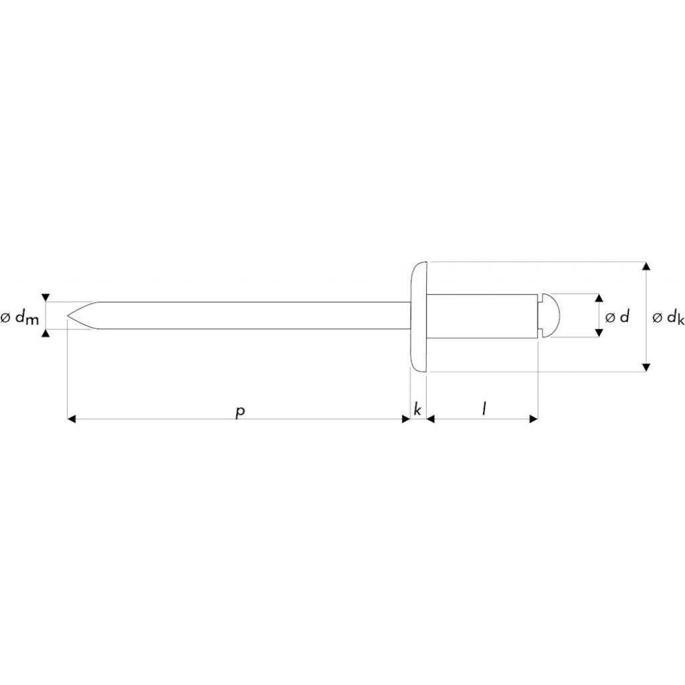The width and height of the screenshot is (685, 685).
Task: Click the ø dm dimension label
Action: pos(20,318)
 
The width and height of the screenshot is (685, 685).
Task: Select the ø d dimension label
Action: pos(617,316)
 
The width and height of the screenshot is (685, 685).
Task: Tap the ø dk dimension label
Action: pos(668,318)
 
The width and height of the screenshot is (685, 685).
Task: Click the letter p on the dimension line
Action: pos(240,411)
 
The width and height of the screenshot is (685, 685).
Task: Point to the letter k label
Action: pos(417,409)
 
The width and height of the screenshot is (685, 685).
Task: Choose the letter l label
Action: pos(484,409)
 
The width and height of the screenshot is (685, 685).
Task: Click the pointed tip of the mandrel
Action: pos(68,315)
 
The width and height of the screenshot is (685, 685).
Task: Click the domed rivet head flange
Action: pos(418,316)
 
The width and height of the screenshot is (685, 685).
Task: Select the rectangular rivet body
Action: pos(482,316)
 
